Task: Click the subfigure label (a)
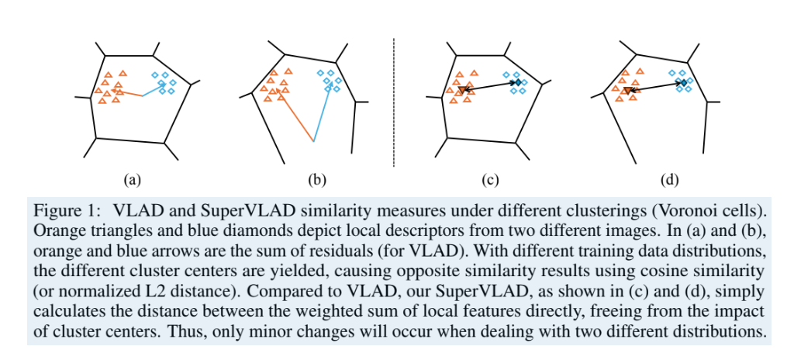132,179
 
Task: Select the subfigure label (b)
316,179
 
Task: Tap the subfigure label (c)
489,179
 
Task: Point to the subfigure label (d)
669,179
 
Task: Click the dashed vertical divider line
395,101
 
